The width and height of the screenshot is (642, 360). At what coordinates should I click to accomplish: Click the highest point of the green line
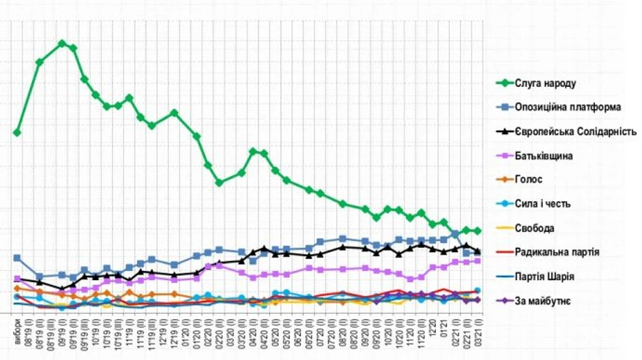click(x=62, y=43)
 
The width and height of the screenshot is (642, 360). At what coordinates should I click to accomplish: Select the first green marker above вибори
click(x=17, y=133)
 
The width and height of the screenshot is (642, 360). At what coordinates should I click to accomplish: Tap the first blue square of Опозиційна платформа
click(x=17, y=258)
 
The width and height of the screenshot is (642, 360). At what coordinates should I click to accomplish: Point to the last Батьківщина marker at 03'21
click(x=478, y=261)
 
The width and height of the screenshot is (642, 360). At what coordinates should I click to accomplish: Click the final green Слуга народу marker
click(x=478, y=231)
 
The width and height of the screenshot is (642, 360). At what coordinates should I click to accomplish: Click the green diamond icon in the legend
click(x=506, y=83)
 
